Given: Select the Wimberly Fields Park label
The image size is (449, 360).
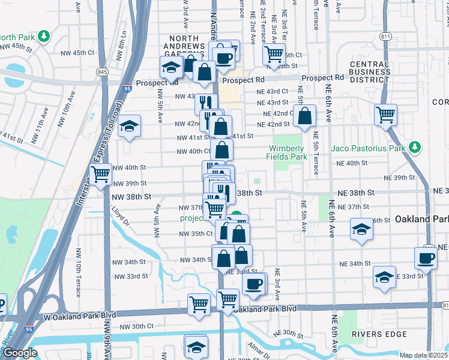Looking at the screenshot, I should point(288,152).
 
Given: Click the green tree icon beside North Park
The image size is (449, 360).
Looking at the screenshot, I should point(43,37).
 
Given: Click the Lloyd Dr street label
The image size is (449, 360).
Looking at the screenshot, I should point(120,216).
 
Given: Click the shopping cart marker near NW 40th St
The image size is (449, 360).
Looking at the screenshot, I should point(101,174).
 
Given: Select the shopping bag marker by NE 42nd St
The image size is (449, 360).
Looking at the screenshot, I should point(306,116).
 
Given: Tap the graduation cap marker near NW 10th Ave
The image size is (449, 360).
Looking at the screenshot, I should point(129,126).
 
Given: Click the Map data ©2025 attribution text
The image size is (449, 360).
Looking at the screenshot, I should point(424,355).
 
